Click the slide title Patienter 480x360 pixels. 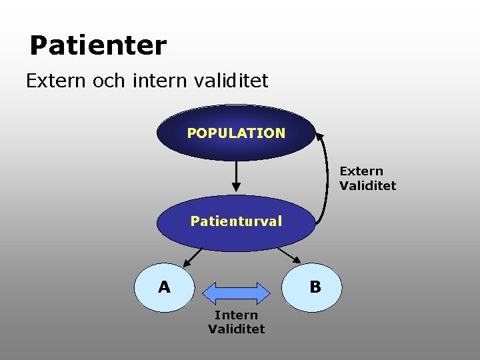[98, 46]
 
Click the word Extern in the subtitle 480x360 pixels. [55, 81]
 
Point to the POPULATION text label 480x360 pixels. [236, 133]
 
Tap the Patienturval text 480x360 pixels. [236, 221]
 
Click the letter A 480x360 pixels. [164, 287]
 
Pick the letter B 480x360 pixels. [315, 287]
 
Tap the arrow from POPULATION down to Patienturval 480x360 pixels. [236, 177]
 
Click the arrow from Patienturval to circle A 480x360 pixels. [193, 257]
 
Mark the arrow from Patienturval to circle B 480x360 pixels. [289, 256]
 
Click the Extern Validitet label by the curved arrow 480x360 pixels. [367, 179]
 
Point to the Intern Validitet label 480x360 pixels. [236, 322]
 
